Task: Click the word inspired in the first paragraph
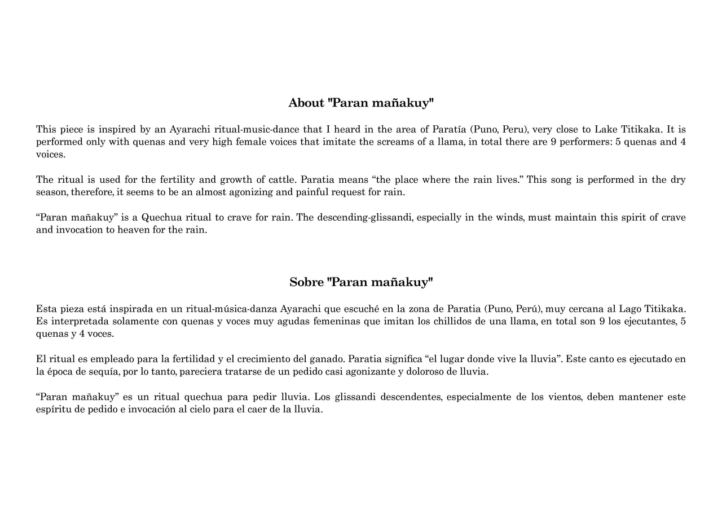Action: click(117, 129)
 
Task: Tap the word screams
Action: click(394, 142)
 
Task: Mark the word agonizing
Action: click(250, 192)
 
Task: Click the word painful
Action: click(310, 192)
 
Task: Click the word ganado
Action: click(327, 359)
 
